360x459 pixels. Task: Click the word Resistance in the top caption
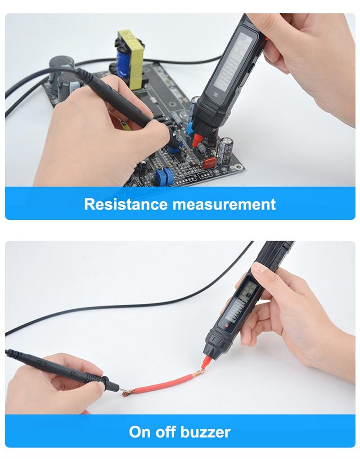coord(126,204)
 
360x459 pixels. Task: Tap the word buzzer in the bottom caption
coord(205,432)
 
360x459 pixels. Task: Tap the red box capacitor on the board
coord(210,163)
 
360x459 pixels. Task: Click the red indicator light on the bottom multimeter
coord(226,326)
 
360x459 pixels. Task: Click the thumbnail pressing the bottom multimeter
coord(258,268)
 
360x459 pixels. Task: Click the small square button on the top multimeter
coord(216,94)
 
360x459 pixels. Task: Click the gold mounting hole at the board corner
coord(240,167)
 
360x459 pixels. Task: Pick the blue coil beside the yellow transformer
coord(121,63)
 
